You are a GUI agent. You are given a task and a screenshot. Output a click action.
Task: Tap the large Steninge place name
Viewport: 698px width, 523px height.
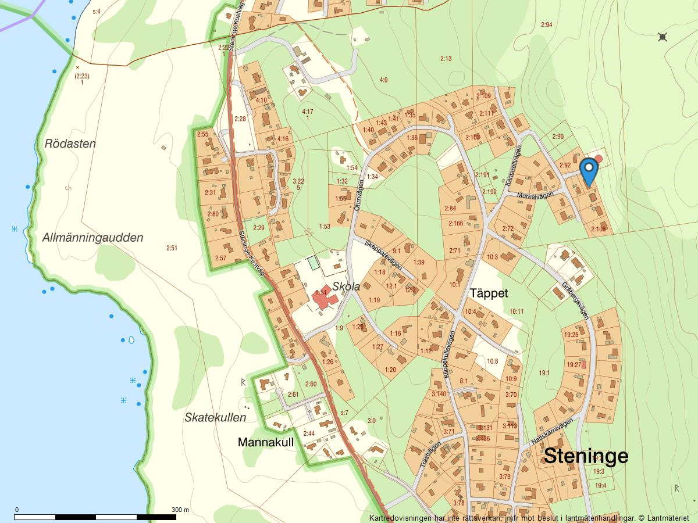586,456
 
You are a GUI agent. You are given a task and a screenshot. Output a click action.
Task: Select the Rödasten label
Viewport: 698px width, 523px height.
70,144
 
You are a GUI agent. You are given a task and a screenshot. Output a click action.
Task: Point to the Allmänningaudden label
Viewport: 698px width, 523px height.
92,238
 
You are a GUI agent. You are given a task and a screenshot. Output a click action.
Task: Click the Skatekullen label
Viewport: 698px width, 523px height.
215,417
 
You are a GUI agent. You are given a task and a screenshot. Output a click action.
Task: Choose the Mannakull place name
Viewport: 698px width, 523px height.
265,442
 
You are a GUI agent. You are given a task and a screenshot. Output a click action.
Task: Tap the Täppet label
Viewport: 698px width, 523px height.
489,293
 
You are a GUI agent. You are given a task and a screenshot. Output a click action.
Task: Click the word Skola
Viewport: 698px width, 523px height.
346,286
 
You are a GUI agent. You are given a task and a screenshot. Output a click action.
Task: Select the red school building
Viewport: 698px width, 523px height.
323,301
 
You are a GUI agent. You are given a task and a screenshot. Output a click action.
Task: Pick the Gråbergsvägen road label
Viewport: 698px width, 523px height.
576,300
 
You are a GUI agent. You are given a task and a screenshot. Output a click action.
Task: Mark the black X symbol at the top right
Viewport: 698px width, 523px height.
662,37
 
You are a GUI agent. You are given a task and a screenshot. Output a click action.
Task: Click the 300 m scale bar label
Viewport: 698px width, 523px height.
180,510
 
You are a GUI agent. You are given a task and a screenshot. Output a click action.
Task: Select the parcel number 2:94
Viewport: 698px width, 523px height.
546,24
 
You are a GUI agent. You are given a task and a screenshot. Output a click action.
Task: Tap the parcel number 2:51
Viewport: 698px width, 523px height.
172,248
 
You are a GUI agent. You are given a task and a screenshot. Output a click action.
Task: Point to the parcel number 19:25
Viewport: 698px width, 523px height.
572,334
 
